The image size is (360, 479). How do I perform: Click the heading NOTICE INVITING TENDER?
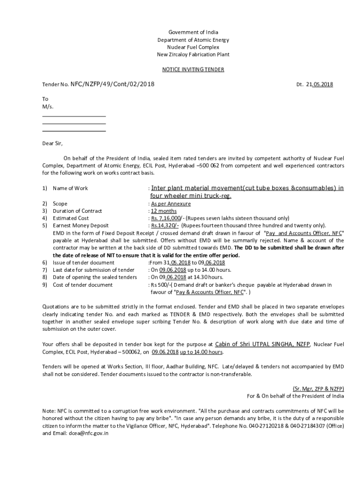pyautogui.click(x=193, y=69)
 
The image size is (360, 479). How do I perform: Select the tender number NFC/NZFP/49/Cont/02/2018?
pyautogui.click(x=112, y=84)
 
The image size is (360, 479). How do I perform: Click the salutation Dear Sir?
pyautogui.click(x=52, y=144)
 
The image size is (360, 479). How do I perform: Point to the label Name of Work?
pyautogui.click(x=70, y=189)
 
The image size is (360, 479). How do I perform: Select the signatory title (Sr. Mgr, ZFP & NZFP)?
pyautogui.click(x=318, y=388)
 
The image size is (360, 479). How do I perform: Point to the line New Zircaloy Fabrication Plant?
pyautogui.click(x=193, y=55)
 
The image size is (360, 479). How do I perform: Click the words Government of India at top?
pyautogui.click(x=193, y=32)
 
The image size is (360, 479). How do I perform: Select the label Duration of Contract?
pyautogui.click(x=77, y=211)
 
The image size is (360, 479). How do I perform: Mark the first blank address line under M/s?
pyautogui.click(x=74, y=116)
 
